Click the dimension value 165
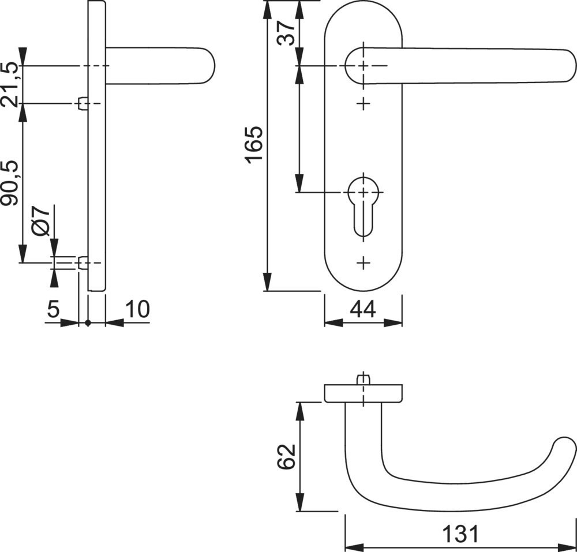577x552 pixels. point(254,144)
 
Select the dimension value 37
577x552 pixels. point(287,33)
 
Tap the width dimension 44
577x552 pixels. point(363,310)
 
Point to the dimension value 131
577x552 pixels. point(460,534)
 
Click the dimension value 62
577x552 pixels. point(287,457)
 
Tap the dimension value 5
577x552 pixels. point(53,310)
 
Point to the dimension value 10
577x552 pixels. point(137,310)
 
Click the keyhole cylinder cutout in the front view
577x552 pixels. point(364,205)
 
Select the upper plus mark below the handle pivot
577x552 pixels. point(363,104)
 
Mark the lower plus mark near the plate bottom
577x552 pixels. point(363,263)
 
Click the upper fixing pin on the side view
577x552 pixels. point(83,104)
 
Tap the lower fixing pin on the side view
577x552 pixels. point(83,263)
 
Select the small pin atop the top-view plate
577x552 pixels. point(363,380)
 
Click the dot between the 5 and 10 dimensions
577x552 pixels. point(88,323)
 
